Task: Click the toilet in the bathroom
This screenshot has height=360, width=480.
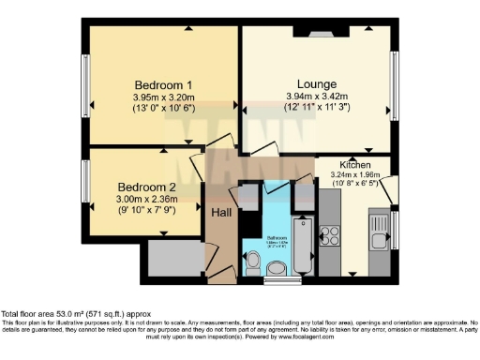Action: [x=254, y=259]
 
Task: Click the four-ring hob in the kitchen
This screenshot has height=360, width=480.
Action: [x=330, y=236]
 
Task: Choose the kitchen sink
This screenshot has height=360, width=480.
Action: [x=379, y=232]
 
